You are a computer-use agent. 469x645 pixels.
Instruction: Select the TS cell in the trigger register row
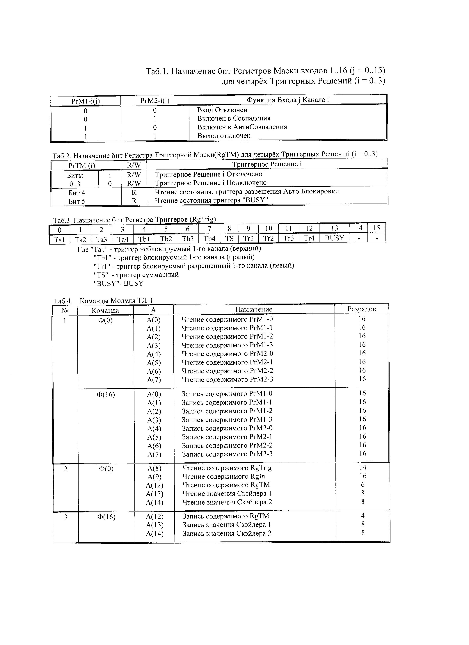tap(229, 238)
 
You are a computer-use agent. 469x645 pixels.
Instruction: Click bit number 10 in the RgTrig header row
tap(269, 228)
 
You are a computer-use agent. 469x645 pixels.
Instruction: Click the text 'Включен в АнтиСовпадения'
tap(242, 127)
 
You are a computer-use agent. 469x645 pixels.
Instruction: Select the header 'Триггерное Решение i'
tap(267, 164)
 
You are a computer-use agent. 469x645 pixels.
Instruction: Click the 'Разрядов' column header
tap(362, 309)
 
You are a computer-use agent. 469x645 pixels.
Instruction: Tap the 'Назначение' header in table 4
tap(254, 309)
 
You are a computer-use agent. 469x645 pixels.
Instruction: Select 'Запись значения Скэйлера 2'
tap(227, 533)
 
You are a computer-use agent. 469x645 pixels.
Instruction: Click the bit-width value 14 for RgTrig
tap(363, 467)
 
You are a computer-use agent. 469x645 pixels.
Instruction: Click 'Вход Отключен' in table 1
tap(222, 110)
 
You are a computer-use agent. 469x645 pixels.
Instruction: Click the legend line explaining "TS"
tap(136, 275)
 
